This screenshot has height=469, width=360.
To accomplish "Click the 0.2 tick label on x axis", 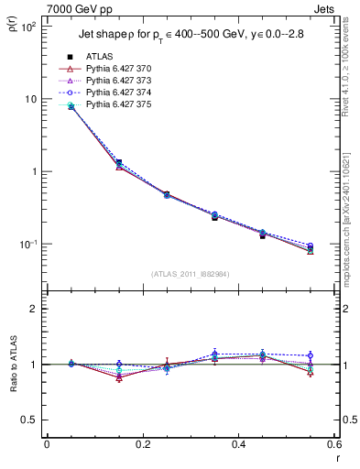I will [x=142, y=446].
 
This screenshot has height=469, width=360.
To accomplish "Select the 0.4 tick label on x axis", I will [x=238, y=446].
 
